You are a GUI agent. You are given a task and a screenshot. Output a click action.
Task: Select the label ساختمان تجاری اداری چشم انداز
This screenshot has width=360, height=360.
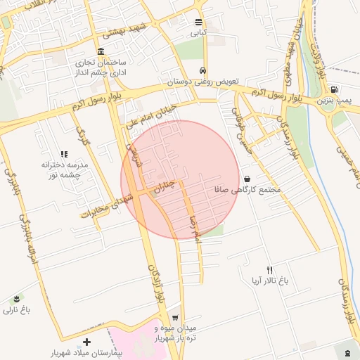coord(101,67)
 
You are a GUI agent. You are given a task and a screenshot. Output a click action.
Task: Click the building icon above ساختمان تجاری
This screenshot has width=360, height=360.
coord(101,51)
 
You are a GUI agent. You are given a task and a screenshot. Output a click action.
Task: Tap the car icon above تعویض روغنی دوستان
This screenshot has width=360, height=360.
coord(202,70)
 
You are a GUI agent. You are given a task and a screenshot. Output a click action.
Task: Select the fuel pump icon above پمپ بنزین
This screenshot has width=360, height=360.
coord(333,90)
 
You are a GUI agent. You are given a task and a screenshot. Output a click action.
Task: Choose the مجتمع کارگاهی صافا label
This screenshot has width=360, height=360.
coord(250,190)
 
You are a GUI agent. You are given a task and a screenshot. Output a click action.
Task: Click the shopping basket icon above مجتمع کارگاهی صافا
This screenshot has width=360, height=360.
coord(246,179)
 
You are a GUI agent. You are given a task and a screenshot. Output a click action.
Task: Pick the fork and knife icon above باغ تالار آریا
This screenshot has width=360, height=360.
coord(269,269)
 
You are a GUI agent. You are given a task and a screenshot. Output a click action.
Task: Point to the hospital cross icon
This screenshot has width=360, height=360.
coord(86,342)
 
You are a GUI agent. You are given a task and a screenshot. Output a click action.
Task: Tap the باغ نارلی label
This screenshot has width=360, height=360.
coord(17,309)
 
